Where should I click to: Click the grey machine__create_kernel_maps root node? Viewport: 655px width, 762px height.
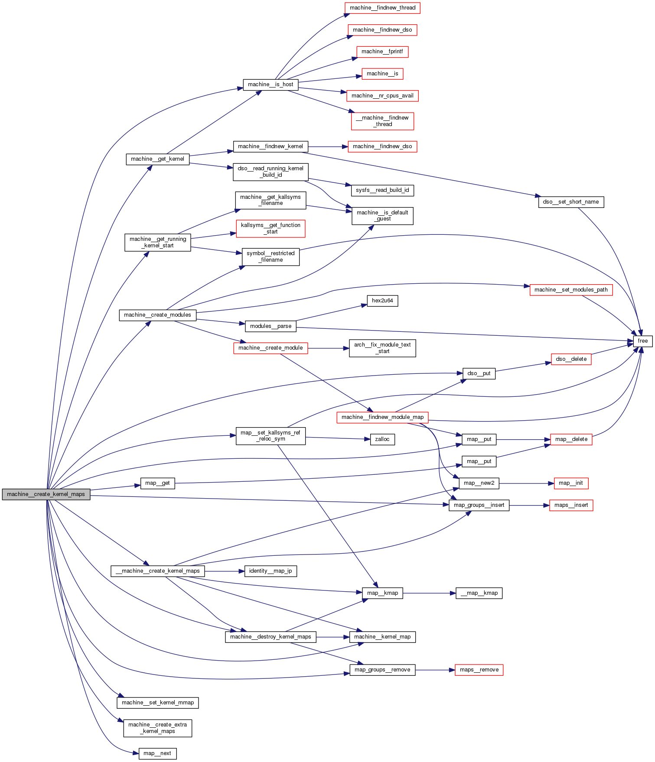(x=46, y=494)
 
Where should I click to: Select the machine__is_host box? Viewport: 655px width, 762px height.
(x=270, y=84)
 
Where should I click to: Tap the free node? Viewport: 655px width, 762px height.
(x=642, y=341)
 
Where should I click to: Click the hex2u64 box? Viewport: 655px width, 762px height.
(x=382, y=301)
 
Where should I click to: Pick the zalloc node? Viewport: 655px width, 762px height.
(x=382, y=439)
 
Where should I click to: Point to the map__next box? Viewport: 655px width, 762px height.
(x=157, y=753)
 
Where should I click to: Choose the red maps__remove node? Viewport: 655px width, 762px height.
(x=479, y=670)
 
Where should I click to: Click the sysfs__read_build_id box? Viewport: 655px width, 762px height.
(x=382, y=190)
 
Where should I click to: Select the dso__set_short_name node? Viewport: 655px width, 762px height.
(x=571, y=202)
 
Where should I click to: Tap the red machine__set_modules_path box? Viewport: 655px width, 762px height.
(x=571, y=290)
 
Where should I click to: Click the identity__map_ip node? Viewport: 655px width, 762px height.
(x=270, y=571)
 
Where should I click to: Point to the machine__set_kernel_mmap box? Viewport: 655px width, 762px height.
(x=158, y=703)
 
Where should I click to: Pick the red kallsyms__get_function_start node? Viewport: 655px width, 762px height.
(x=270, y=228)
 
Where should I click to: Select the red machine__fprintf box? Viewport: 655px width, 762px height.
(x=382, y=52)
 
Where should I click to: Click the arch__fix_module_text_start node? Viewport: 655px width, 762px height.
(x=382, y=348)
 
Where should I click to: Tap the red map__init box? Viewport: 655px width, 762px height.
(x=571, y=483)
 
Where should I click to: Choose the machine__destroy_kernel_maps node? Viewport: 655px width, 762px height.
(x=270, y=637)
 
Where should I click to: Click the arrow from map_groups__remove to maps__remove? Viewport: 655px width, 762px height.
(x=435, y=670)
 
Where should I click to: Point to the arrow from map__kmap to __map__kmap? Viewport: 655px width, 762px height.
(x=429, y=593)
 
